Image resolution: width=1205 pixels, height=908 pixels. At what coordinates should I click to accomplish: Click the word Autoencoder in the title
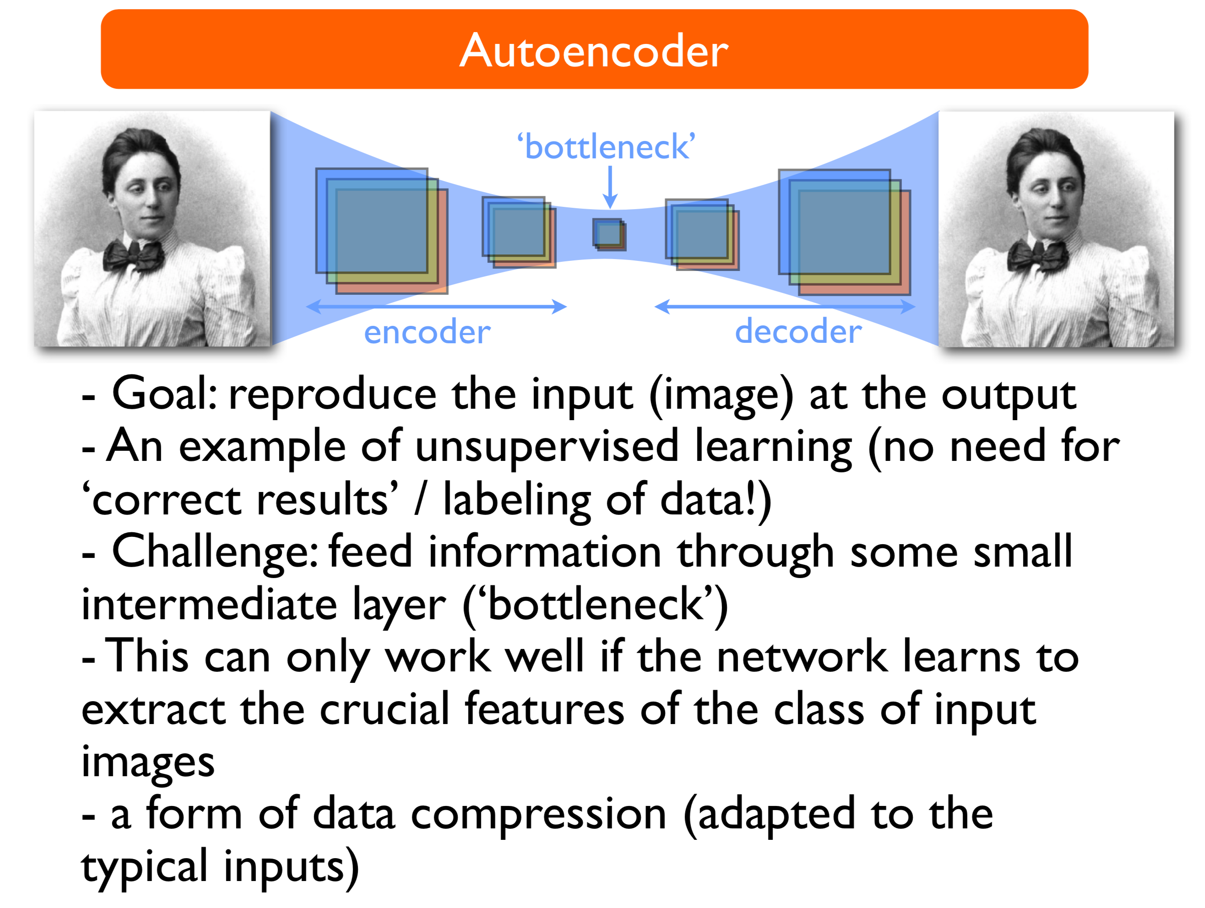pos(594,50)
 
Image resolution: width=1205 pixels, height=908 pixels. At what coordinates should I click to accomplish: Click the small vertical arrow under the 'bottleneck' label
pos(610,187)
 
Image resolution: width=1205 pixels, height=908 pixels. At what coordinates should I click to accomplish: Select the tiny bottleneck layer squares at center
pos(609,235)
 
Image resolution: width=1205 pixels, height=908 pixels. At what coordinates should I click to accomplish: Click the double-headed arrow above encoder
pos(436,307)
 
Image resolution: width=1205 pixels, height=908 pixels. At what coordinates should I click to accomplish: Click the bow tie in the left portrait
pos(134,254)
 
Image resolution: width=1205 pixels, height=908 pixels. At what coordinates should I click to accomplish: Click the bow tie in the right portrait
pos(1037,254)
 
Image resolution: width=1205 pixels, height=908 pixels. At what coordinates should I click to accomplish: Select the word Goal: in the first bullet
pos(164,394)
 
